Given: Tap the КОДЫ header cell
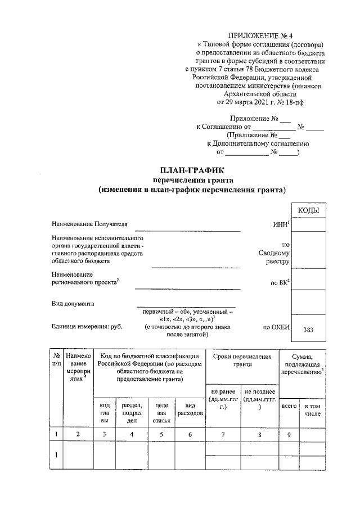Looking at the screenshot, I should click(x=309, y=210).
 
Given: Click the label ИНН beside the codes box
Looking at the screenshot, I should click(x=281, y=224).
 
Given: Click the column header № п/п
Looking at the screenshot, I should click(x=57, y=360).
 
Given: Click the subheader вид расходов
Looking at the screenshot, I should click(x=190, y=409).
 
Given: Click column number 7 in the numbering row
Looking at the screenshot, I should click(x=223, y=434).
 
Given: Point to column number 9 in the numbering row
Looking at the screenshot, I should click(x=289, y=434).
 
